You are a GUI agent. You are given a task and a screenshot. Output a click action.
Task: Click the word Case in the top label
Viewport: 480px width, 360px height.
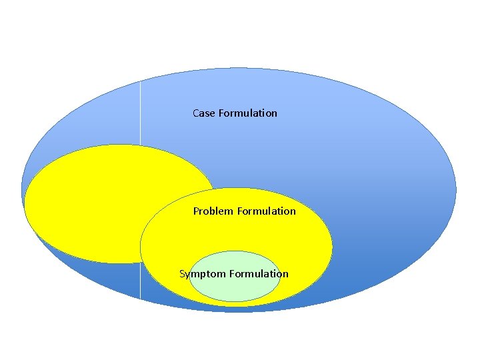coord(203,113)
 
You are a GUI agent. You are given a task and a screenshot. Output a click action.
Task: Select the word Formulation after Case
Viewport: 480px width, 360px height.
coord(247,113)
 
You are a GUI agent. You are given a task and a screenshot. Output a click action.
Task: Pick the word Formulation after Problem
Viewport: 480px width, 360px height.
coord(266,211)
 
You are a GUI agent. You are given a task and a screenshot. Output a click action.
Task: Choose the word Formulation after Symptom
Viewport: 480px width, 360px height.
coord(259,274)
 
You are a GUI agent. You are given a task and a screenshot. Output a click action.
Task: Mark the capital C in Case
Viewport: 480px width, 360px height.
coord(196,113)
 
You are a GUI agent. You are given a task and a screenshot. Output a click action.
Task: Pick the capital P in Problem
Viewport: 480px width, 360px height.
coord(197,211)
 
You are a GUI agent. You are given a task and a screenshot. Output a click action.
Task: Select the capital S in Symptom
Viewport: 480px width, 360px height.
coord(182,274)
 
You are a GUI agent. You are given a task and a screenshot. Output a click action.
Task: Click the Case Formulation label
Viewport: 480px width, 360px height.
coord(235,113)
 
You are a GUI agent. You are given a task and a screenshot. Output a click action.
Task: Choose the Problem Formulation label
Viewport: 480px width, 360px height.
coord(244,211)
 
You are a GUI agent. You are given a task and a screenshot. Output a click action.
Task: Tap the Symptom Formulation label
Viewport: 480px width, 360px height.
coord(233,274)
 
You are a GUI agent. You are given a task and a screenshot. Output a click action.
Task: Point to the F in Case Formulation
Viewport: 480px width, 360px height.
coord(221,113)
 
